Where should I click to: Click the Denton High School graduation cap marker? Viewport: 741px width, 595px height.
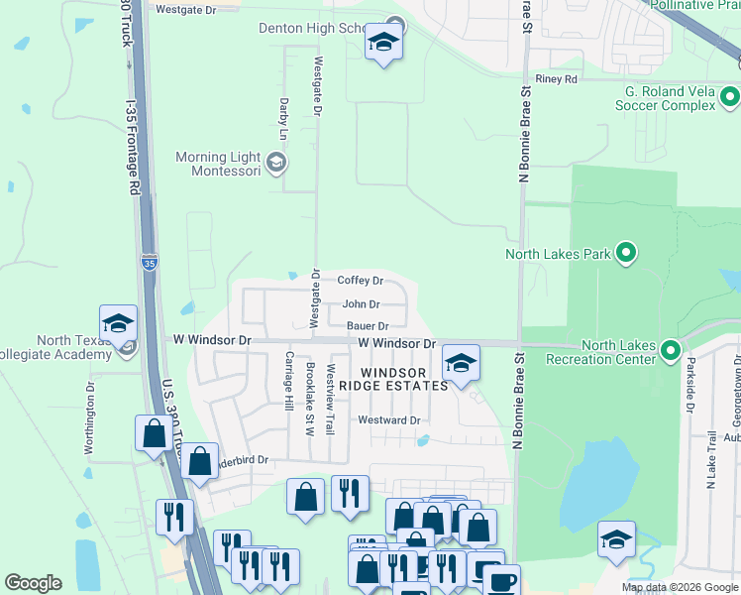pyautogui.click(x=383, y=43)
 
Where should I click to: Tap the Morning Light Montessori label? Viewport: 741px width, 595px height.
pyautogui.click(x=217, y=164)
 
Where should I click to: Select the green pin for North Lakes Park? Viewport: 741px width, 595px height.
pyautogui.click(x=625, y=253)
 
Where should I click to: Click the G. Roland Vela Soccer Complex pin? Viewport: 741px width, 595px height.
pyautogui.click(x=730, y=97)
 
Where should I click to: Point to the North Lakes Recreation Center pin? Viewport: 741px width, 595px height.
pyautogui.click(x=671, y=351)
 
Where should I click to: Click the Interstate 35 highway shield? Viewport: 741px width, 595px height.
pyautogui.click(x=149, y=263)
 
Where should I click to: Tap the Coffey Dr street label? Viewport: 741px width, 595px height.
pyautogui.click(x=360, y=281)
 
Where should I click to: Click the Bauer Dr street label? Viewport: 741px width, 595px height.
pyautogui.click(x=367, y=325)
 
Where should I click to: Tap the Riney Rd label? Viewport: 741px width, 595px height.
pyautogui.click(x=555, y=79)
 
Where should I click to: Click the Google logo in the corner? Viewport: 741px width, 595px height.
pyautogui.click(x=33, y=583)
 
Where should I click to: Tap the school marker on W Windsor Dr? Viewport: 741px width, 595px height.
pyautogui.click(x=461, y=364)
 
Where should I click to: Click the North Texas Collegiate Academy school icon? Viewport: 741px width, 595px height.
pyautogui.click(x=118, y=324)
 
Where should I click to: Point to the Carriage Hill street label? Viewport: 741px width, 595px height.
pyautogui.click(x=289, y=381)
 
